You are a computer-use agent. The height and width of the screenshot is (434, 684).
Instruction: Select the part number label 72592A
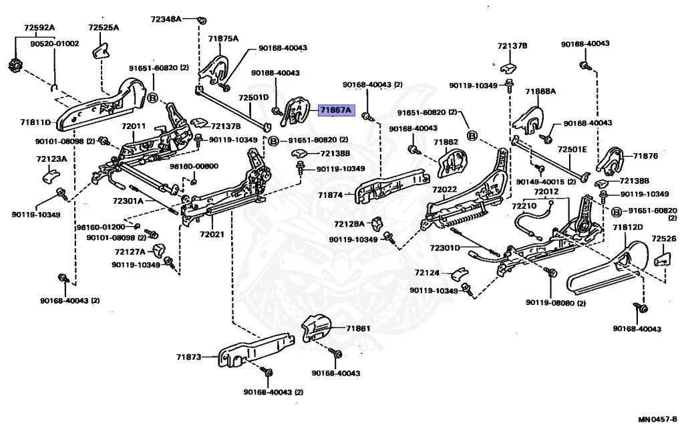coord(39,27)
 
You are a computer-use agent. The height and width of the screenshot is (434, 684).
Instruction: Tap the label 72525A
coord(104,27)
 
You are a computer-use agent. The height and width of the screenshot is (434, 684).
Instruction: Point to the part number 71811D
coord(35,122)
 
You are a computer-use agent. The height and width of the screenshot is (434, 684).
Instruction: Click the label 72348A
coord(166,19)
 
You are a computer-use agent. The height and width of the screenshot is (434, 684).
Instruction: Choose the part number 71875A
coord(222,39)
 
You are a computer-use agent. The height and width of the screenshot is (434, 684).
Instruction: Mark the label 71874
coord(330,195)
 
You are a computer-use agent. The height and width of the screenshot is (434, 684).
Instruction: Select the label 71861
coord(358,328)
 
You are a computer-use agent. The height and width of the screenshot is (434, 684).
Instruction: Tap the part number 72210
coord(524,207)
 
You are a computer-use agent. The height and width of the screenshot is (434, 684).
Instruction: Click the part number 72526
coord(663,238)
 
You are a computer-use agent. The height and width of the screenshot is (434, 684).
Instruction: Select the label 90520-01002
coord(54,43)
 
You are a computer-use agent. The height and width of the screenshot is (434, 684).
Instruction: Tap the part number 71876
coord(645,156)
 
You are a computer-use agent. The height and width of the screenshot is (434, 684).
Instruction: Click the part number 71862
coord(445,142)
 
